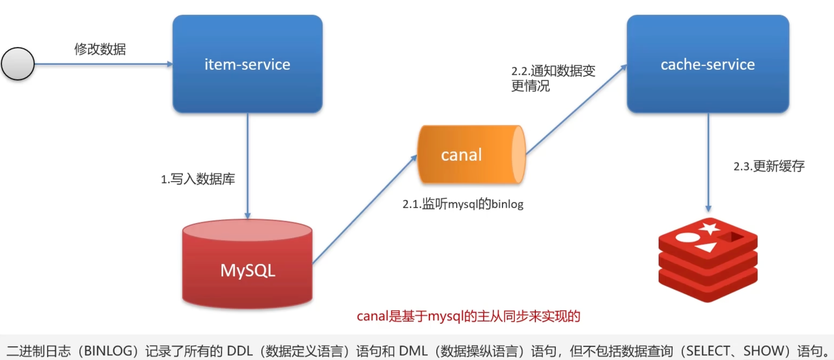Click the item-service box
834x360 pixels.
247,64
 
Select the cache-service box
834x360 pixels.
708,64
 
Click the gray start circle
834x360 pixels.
18,64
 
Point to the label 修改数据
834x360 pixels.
100,49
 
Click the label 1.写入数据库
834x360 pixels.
198,179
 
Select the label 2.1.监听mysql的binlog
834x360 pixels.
463,204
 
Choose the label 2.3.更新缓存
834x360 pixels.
769,166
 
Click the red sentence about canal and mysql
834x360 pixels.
468,316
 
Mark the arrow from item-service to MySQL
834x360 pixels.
247,165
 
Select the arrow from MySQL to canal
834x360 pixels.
364,210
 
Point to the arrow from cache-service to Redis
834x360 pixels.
708,162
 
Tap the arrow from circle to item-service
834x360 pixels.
104,64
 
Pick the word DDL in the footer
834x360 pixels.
240,351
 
